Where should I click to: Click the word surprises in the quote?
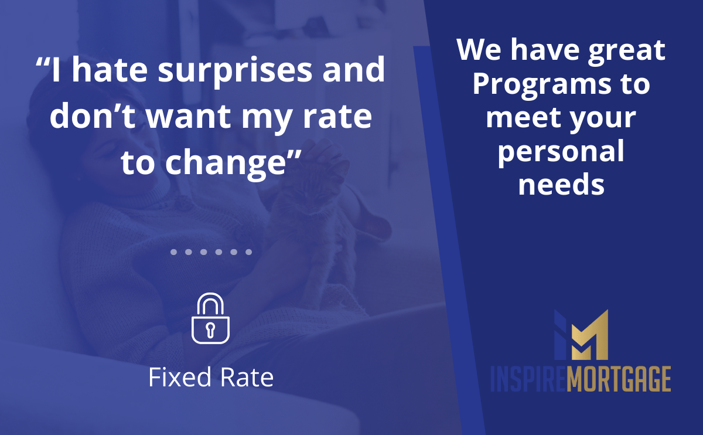(235, 71)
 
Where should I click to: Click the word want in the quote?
(189, 117)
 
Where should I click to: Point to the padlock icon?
(210, 318)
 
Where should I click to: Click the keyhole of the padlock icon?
(210, 330)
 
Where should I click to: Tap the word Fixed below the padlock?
(180, 377)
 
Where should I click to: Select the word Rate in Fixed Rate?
(247, 377)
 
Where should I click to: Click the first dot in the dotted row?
(173, 252)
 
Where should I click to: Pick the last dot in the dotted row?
(248, 252)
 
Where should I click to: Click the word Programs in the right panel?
(542, 86)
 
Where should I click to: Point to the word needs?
(561, 184)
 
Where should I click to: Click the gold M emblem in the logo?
(590, 337)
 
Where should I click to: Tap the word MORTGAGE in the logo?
(619, 379)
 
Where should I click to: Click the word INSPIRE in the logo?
(529, 379)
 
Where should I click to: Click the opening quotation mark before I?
(42, 62)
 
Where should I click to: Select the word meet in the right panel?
(523, 118)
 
